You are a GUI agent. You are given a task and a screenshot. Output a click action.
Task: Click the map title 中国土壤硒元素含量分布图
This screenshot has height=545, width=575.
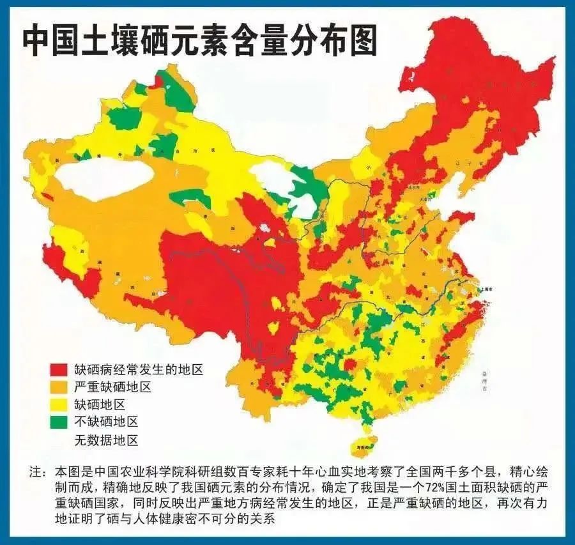point(199,40)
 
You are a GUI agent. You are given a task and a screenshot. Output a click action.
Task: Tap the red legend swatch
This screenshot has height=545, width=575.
point(59,370)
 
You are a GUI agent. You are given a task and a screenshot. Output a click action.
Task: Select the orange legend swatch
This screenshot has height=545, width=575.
point(59,387)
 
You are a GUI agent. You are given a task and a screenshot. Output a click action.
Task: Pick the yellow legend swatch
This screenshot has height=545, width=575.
point(59,404)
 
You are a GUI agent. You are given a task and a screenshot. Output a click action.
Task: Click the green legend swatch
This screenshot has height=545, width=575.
point(59,422)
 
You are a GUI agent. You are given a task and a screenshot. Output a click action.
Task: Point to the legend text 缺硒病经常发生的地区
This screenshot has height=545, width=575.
point(139,369)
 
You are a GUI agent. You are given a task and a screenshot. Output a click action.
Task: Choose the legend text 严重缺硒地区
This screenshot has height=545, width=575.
point(112,387)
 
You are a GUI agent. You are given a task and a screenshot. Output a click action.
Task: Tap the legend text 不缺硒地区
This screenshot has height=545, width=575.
point(106,422)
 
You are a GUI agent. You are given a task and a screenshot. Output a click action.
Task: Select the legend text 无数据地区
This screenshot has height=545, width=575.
point(106,440)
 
